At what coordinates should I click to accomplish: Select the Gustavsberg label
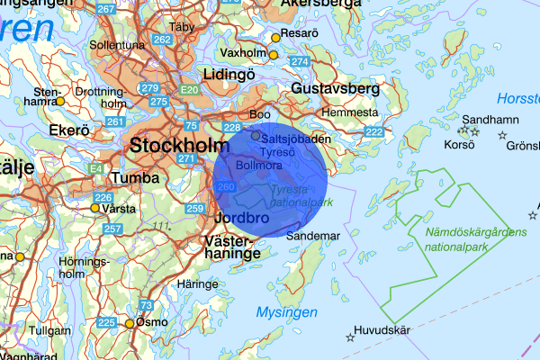(x=336, y=88)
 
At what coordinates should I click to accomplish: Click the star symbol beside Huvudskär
(x=350, y=337)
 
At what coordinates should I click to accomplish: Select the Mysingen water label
(x=287, y=312)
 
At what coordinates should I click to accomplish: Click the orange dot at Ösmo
(x=130, y=324)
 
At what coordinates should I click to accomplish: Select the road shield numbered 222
(x=373, y=132)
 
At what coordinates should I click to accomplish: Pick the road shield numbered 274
(x=299, y=61)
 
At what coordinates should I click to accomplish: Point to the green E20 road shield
(x=188, y=90)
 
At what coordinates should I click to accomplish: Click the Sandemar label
(x=313, y=235)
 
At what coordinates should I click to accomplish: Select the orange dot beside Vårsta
(x=94, y=208)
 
